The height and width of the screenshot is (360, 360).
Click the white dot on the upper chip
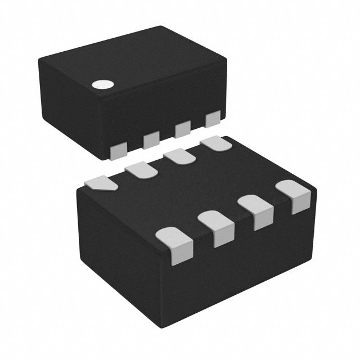coord(102,85)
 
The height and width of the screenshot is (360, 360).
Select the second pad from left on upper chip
coord(151,139)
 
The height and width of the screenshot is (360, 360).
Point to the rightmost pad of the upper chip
coord(213,120)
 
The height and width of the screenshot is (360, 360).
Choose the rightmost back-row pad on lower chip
coord(217,144)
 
